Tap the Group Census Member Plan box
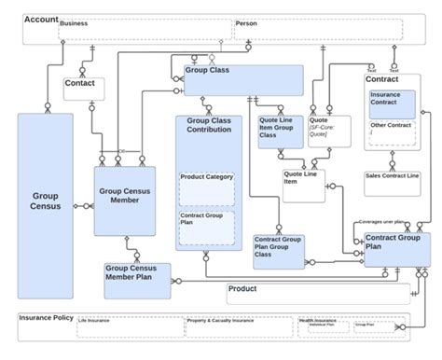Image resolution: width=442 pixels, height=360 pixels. [x=136, y=279]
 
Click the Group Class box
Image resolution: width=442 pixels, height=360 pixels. [x=243, y=80]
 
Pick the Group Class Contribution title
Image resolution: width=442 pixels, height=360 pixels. [x=208, y=125]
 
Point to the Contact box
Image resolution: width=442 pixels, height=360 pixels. [x=83, y=89]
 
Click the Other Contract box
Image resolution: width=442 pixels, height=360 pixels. [x=393, y=132]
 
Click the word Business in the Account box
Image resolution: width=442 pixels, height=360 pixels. [x=75, y=24]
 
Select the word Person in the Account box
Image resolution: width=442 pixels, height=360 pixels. [x=246, y=24]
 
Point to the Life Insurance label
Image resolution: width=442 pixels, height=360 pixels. [x=94, y=321]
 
